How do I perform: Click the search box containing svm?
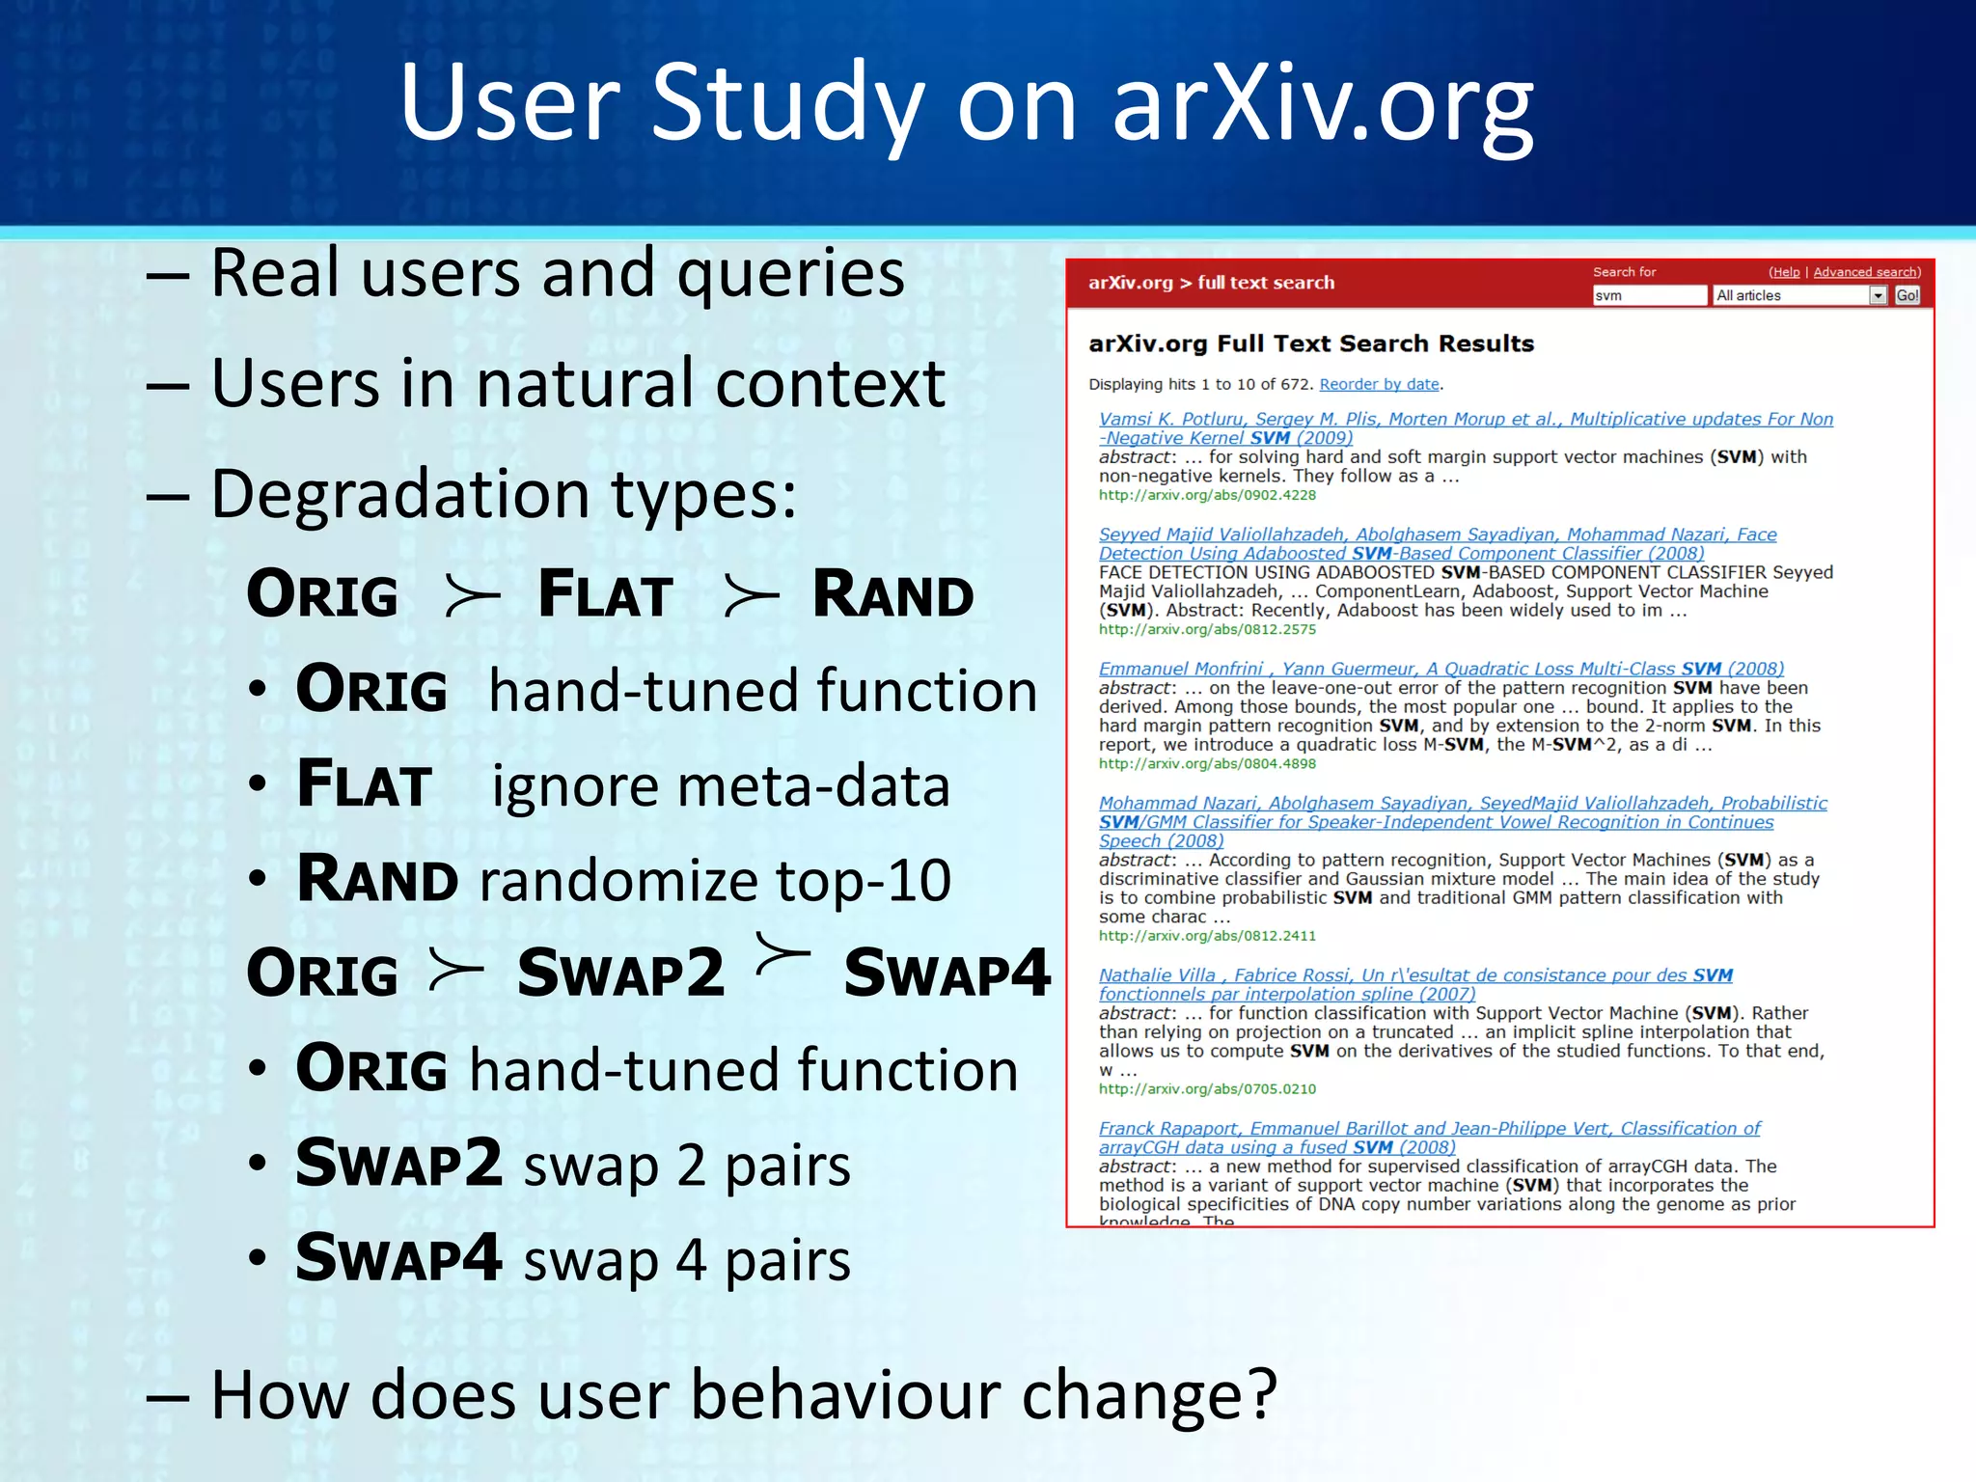1648,295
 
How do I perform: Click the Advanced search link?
1865,272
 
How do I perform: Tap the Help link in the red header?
1785,272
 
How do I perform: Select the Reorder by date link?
1379,384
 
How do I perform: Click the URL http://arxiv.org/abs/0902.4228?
1206,495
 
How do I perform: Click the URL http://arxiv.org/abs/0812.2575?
1206,629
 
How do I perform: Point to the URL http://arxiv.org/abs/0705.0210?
1206,1088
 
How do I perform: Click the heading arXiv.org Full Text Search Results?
1310,343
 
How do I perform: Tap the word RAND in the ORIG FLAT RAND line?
892,594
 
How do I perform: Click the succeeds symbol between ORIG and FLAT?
471,595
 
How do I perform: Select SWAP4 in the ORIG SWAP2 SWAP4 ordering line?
946,973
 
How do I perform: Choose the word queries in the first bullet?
790,274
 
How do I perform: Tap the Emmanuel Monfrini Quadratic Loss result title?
1441,669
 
